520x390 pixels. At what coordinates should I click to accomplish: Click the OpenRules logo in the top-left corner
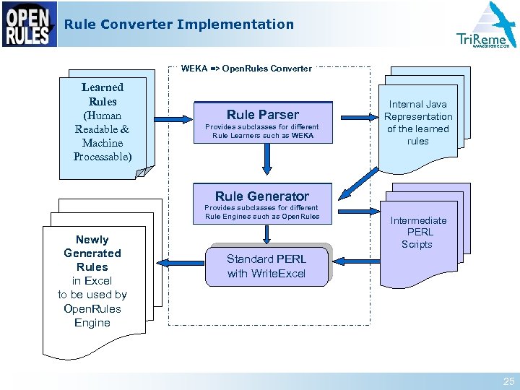click(x=29, y=25)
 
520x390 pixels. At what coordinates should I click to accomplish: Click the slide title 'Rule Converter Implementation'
click(x=179, y=25)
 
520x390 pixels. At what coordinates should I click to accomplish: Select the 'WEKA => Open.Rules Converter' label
click(x=246, y=69)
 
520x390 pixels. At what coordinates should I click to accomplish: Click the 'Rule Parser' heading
click(x=262, y=114)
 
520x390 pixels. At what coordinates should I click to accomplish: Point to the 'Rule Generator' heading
click(x=261, y=196)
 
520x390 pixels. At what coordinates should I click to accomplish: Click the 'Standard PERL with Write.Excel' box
click(x=266, y=266)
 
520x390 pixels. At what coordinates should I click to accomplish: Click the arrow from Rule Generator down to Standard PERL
click(x=267, y=233)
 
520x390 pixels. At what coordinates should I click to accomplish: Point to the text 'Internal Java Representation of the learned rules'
click(x=418, y=123)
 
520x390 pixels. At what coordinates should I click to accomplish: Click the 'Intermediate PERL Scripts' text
click(x=418, y=232)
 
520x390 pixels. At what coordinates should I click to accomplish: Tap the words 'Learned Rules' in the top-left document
click(x=103, y=95)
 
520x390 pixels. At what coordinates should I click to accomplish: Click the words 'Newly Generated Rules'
click(x=92, y=253)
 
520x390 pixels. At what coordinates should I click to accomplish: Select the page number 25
click(x=507, y=381)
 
